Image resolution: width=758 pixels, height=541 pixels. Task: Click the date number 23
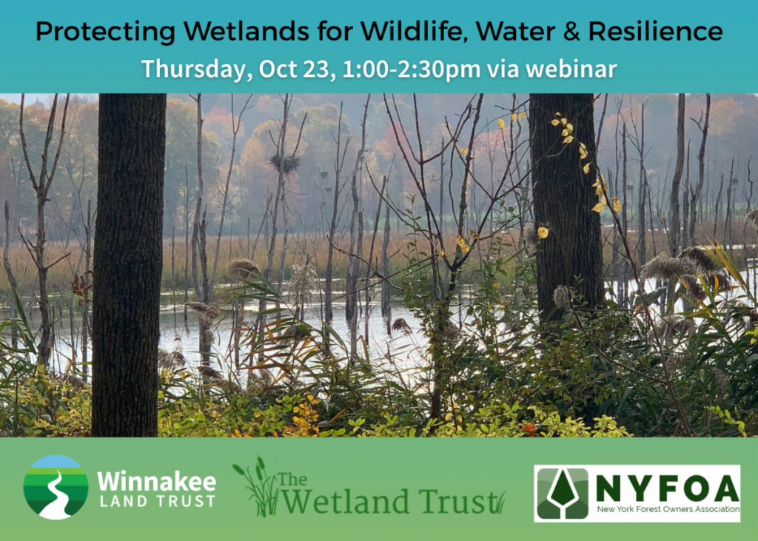click(x=306, y=69)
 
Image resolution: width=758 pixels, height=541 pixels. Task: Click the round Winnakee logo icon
click(x=56, y=487)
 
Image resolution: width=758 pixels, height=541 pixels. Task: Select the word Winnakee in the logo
click(x=156, y=482)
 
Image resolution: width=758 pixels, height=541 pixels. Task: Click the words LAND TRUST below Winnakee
click(x=156, y=502)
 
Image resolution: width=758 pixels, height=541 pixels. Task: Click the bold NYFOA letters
click(x=667, y=487)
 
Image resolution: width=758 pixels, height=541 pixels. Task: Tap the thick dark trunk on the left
click(x=129, y=266)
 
